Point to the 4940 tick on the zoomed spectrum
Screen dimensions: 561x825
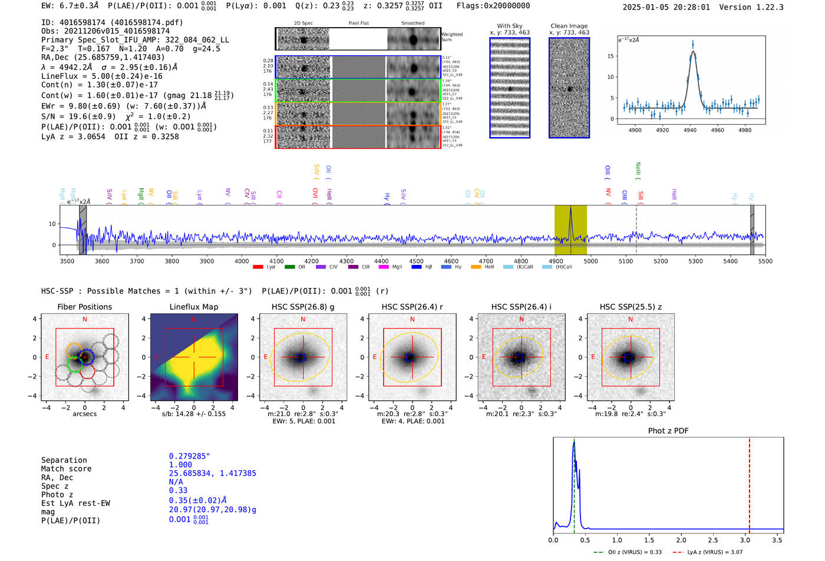(x=690, y=130)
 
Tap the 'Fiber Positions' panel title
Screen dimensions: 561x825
(x=84, y=307)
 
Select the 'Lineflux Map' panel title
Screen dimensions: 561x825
(x=194, y=307)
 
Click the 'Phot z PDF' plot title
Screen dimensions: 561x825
(x=668, y=430)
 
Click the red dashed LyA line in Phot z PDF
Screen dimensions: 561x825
(x=749, y=483)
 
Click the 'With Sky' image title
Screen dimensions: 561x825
(x=510, y=26)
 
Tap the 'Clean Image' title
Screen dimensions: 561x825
(x=569, y=26)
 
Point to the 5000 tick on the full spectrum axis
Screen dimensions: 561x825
(x=590, y=261)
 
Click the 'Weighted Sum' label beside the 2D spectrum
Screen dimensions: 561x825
(x=451, y=37)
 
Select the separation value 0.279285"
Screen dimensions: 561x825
(x=189, y=456)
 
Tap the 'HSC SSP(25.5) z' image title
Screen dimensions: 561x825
(x=631, y=307)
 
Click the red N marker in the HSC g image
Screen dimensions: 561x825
(x=303, y=319)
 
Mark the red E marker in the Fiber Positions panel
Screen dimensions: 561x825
(x=47, y=357)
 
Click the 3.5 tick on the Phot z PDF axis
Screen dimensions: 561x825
(x=777, y=540)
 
